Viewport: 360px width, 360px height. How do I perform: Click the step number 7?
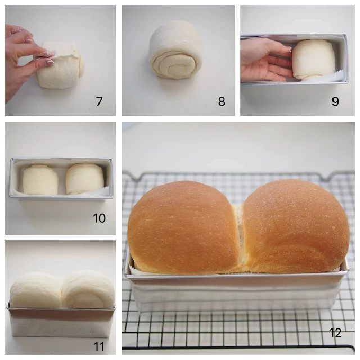click(x=99, y=102)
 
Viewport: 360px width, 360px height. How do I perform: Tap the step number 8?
click(x=222, y=102)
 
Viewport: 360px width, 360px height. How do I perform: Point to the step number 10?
click(x=99, y=218)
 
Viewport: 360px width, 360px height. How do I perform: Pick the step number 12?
click(x=335, y=332)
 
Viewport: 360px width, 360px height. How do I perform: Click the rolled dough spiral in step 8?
click(x=175, y=53)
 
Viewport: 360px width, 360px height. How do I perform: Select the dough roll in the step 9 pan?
click(x=314, y=60)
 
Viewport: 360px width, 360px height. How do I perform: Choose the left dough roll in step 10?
click(x=40, y=179)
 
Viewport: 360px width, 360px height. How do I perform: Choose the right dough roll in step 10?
click(x=84, y=179)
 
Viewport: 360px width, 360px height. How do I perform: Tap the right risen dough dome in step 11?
click(x=88, y=289)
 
